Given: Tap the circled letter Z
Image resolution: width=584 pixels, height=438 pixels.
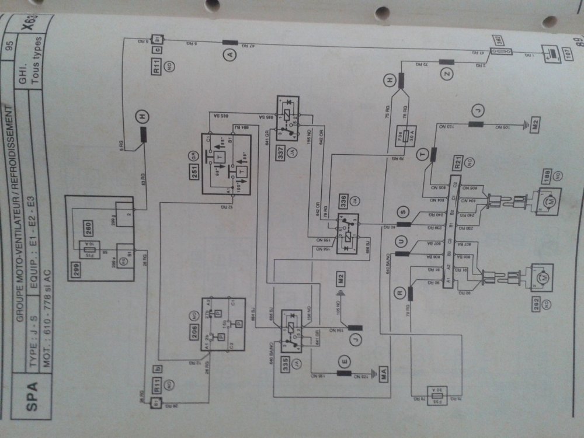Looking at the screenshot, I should (447, 74).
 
